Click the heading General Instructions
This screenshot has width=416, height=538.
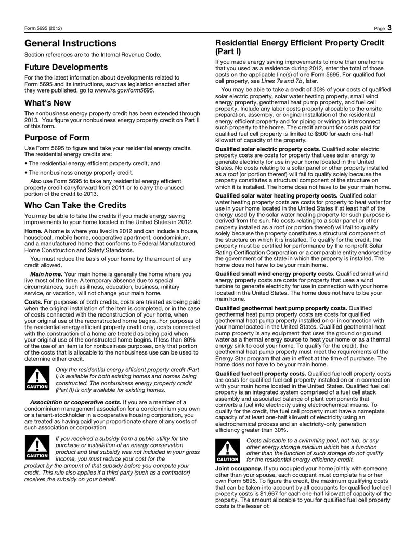click(x=71, y=43)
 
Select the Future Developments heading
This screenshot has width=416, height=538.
click(x=66, y=67)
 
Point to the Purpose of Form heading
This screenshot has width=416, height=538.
click(x=57, y=138)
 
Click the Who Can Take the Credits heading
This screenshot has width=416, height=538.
click(x=75, y=205)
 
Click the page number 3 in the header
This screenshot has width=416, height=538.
click(x=389, y=28)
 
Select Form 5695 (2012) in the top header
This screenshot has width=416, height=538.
click(x=43, y=28)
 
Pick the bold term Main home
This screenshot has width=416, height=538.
click(x=46, y=274)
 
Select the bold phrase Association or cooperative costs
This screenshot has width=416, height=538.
click(x=75, y=402)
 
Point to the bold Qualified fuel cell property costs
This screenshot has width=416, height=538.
click(x=261, y=373)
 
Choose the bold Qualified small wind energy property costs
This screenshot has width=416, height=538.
click(x=275, y=274)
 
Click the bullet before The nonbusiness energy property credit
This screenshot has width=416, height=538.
click(x=27, y=173)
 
